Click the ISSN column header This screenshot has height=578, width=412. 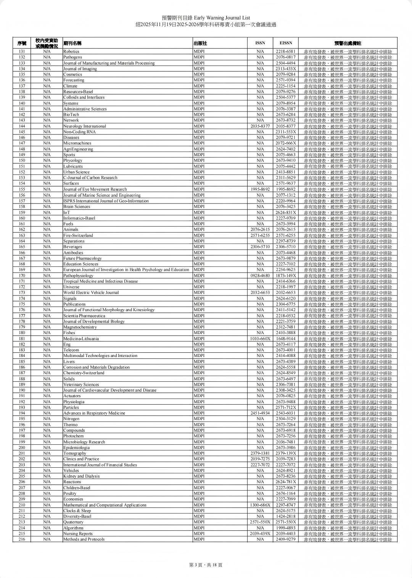tap(260, 43)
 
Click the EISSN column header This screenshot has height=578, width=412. tap(286, 43)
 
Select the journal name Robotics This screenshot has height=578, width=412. tap(71, 52)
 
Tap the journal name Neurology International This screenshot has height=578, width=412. tap(85, 126)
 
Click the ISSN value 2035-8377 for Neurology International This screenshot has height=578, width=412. tap(260, 126)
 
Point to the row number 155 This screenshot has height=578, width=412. tap(22, 189)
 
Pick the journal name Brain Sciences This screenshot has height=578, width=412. tap(77, 207)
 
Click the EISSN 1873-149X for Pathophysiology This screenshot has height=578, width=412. tap(286, 275)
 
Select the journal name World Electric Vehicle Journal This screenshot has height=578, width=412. tap(91, 292)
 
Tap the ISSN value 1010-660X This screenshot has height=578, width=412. tap(260, 339)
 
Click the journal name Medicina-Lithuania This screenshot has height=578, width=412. tap(81, 339)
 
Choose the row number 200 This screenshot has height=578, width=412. tap(22, 447)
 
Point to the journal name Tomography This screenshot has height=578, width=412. tap(75, 453)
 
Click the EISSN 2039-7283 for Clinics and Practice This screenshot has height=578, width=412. tap(286, 459)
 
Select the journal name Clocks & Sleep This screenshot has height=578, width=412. tap(77, 510)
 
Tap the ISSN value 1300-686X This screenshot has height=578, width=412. tap(260, 505)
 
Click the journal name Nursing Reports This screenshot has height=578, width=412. tap(78, 533)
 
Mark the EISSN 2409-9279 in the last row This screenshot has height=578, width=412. tap(286, 539)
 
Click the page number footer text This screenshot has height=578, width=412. tap(206, 565)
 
